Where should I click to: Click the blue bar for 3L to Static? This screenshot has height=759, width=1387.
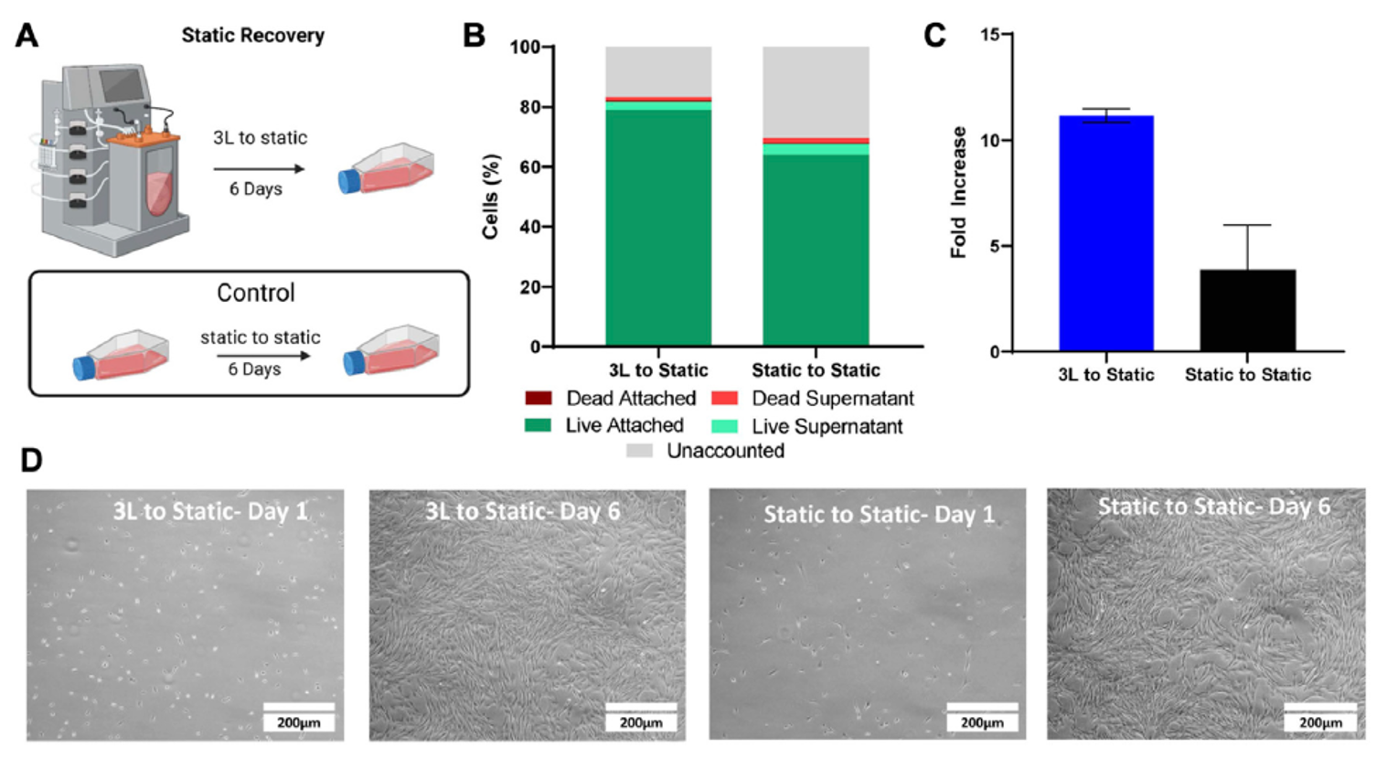[1105, 233]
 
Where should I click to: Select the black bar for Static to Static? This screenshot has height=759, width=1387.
[1247, 310]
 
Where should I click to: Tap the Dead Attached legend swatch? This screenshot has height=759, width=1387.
[538, 398]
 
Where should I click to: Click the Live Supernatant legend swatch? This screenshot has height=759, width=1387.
[724, 426]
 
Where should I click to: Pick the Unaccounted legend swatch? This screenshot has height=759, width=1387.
[639, 451]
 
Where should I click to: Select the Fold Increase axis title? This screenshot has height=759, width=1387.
[958, 192]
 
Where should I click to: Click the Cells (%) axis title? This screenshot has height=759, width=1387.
[491, 197]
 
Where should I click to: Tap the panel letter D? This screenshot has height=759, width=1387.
[31, 460]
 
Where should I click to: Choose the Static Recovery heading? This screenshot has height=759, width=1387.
[252, 36]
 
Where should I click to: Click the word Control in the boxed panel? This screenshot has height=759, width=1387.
[255, 293]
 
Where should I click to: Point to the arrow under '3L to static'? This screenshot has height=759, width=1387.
[259, 169]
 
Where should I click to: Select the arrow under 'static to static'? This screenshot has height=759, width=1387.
[260, 355]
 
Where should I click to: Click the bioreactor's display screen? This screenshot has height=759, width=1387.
[122, 85]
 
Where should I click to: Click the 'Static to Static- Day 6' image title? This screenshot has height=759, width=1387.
[1213, 507]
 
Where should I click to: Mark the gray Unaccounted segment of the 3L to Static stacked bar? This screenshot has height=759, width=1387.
[658, 70]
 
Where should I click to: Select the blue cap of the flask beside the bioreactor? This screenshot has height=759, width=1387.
[349, 181]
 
